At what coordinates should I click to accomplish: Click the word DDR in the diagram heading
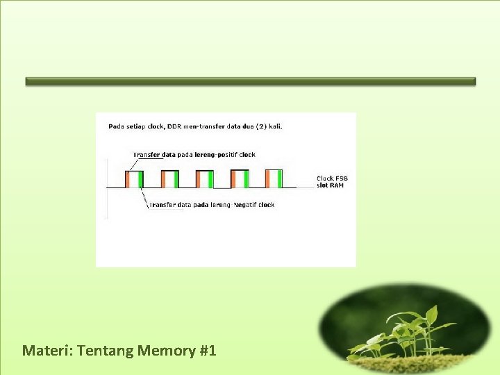pos(174,126)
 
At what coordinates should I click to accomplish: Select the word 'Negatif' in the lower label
pos(245,205)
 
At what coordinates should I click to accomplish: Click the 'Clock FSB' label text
pos(332,178)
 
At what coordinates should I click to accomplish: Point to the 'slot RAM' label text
pos(331,185)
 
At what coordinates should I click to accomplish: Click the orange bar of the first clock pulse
pos(128,179)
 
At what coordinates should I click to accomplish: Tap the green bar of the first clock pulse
pos(140,179)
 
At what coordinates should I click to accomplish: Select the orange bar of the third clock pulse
pos(199,179)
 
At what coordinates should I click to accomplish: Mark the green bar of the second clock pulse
pos(176,179)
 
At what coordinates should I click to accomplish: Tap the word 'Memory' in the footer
pos(167,350)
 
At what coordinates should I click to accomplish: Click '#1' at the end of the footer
pos(208,350)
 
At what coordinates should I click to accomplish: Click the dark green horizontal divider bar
pos(250,81)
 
